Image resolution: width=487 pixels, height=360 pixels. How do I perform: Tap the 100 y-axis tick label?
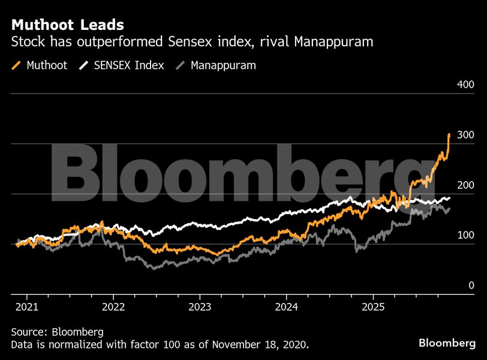(465, 235)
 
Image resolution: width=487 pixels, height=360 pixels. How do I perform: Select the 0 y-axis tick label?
(471, 286)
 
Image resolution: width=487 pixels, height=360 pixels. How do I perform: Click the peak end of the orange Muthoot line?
(449, 134)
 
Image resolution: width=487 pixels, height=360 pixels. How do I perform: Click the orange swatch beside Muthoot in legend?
(17, 65)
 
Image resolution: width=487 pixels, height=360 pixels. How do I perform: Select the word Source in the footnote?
(28, 332)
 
